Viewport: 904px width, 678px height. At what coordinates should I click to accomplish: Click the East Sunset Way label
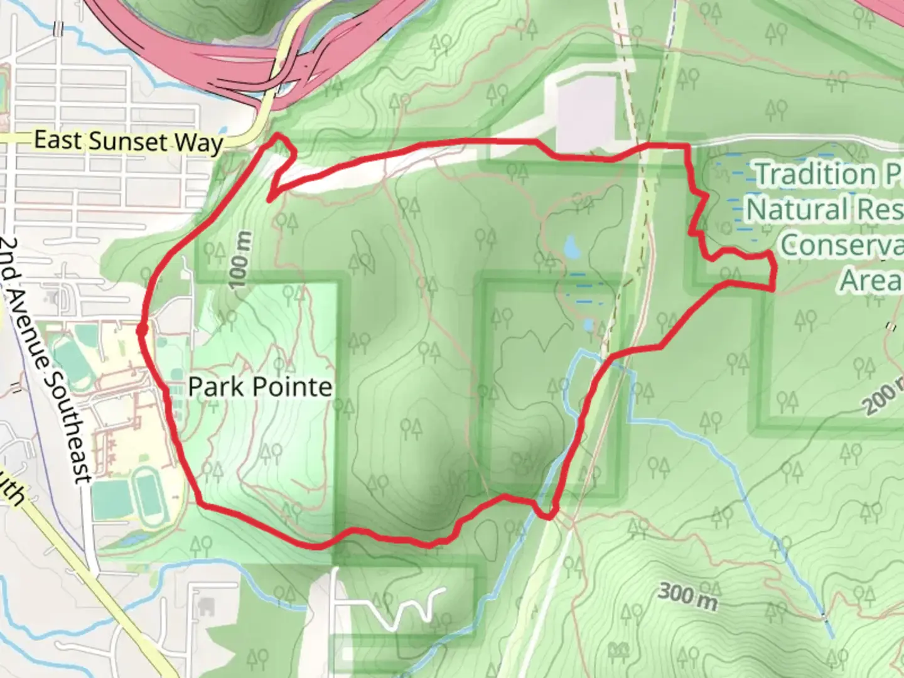pos(129,141)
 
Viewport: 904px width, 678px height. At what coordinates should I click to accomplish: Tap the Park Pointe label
pos(260,387)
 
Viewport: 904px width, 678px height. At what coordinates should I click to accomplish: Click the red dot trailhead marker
pos(142,329)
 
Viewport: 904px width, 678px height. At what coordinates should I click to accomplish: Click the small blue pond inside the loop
pos(572,247)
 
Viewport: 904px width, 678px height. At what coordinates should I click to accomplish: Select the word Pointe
pos(297,387)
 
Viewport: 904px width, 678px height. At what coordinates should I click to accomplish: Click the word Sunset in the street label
pos(129,142)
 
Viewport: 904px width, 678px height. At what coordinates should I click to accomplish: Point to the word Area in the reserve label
pos(869,280)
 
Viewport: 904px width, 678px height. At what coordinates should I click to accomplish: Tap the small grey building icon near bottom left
pos(205,606)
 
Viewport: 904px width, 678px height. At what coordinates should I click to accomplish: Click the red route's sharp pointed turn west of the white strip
pos(269,200)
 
